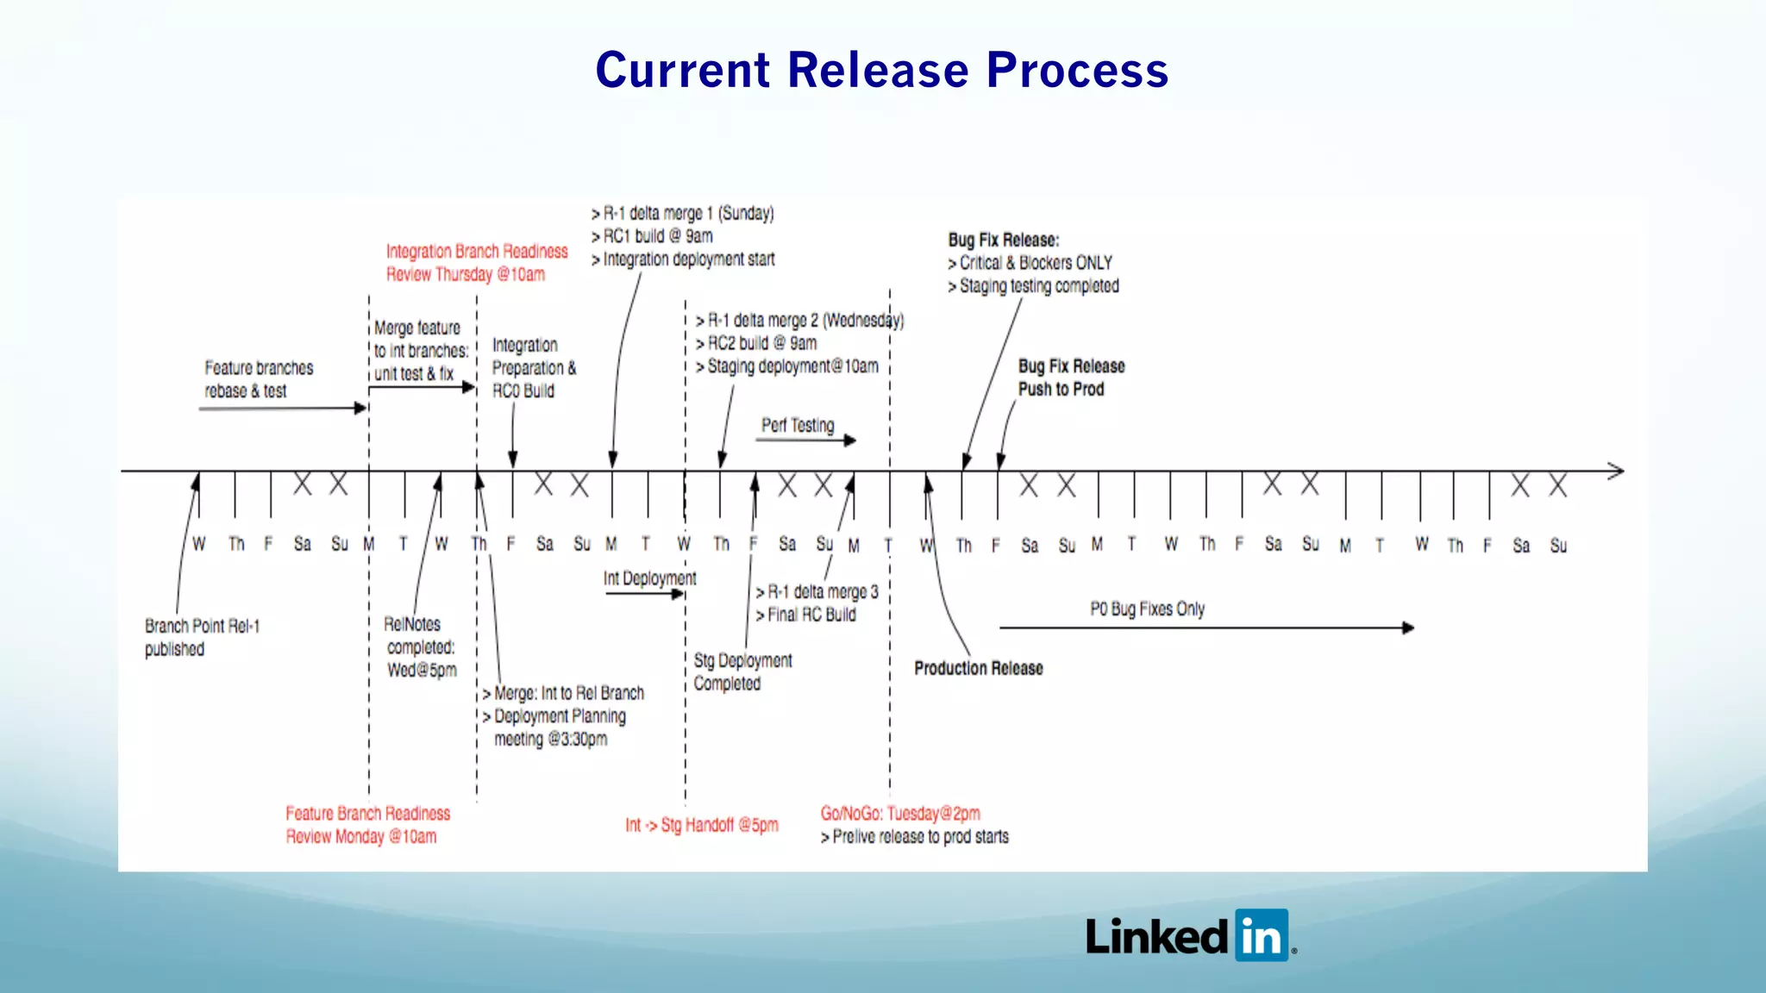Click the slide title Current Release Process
[881, 70]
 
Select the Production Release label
[978, 668]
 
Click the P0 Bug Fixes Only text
[1147, 609]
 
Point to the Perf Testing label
[798, 425]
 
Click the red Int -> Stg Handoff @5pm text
[702, 825]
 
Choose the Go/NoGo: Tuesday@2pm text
[900, 813]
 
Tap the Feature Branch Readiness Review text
[367, 825]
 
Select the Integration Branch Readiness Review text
[477, 263]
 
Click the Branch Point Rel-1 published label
[202, 637]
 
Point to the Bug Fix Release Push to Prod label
[1071, 378]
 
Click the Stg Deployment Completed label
[742, 671]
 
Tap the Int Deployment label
[649, 578]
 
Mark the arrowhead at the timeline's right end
[1616, 471]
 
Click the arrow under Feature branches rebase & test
[283, 408]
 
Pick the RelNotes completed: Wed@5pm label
[420, 646]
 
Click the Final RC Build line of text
[811, 615]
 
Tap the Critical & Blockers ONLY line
[1035, 263]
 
